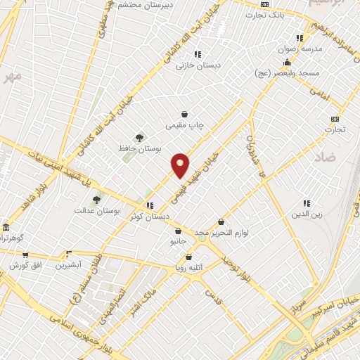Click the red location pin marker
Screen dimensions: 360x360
(x=181, y=165)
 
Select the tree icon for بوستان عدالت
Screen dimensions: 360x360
(x=96, y=200)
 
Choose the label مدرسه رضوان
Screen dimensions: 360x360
(x=302, y=49)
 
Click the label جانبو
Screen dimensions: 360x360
(x=179, y=241)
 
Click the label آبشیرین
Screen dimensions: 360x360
(x=70, y=265)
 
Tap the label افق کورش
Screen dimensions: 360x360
(x=25, y=265)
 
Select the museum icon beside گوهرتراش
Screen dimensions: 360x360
(x=6, y=229)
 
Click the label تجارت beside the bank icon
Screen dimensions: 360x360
(x=335, y=129)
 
